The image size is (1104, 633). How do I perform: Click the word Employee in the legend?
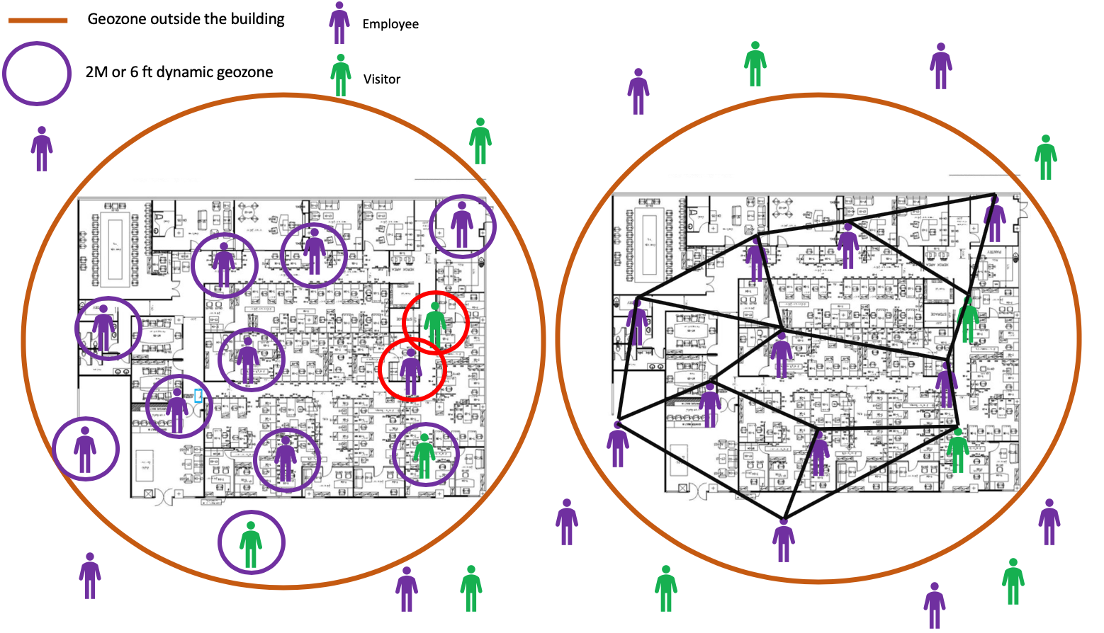click(390, 24)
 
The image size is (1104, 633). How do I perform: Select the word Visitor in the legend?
click(382, 79)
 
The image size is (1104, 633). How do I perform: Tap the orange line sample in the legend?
click(38, 21)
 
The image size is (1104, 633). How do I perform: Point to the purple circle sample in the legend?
click(37, 74)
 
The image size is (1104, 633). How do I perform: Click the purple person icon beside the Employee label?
click(339, 23)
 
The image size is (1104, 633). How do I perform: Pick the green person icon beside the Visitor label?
click(341, 75)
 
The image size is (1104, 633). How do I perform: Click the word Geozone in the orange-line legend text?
click(116, 19)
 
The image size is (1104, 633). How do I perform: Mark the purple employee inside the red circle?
click(411, 372)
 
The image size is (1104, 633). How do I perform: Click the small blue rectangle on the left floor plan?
click(198, 396)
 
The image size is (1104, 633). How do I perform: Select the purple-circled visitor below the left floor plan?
click(251, 544)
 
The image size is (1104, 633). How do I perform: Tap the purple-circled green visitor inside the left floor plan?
click(424, 455)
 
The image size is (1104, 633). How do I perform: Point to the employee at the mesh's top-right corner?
click(995, 219)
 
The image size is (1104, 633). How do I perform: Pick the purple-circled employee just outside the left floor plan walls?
click(85, 450)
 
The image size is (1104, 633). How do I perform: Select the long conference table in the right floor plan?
click(649, 243)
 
